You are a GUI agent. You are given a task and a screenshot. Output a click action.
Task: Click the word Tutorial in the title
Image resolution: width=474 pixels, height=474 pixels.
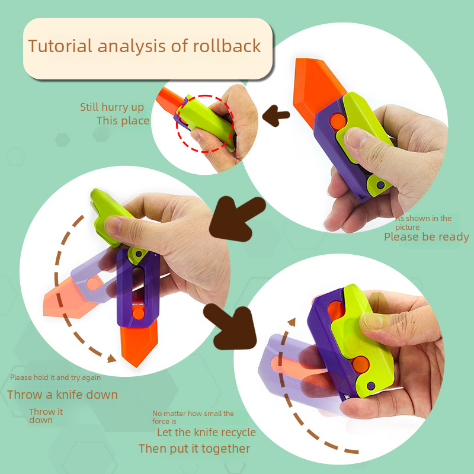click(60, 47)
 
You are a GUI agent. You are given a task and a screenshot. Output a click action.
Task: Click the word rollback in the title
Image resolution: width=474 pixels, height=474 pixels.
click(227, 46)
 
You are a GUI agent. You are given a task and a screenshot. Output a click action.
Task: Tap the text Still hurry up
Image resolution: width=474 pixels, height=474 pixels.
click(112, 107)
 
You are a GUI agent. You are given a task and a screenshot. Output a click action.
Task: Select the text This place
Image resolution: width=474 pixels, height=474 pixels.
click(123, 121)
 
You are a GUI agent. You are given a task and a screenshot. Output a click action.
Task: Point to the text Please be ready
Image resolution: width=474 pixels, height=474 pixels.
click(427, 237)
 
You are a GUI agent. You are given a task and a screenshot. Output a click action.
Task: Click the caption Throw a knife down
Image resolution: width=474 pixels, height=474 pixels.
click(62, 395)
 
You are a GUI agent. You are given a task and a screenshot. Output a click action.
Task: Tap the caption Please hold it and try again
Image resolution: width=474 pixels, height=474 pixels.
click(55, 377)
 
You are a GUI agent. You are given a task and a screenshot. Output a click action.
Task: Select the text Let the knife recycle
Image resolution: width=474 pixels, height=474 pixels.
click(206, 433)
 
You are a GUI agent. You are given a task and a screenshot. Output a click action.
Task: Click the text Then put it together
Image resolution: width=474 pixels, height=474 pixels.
click(194, 449)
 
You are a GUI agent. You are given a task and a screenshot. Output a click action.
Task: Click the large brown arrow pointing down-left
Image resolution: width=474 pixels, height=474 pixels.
click(236, 218)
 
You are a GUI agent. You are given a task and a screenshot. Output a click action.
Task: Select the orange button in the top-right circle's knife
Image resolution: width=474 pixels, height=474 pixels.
click(338, 121)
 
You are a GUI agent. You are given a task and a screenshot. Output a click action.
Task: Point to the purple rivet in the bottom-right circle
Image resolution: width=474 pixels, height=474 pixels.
click(371, 386)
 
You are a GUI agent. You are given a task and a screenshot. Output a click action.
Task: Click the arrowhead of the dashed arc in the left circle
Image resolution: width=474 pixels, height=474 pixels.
click(111, 358)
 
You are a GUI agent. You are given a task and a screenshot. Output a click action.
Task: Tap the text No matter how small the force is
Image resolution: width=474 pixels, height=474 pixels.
click(193, 417)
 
